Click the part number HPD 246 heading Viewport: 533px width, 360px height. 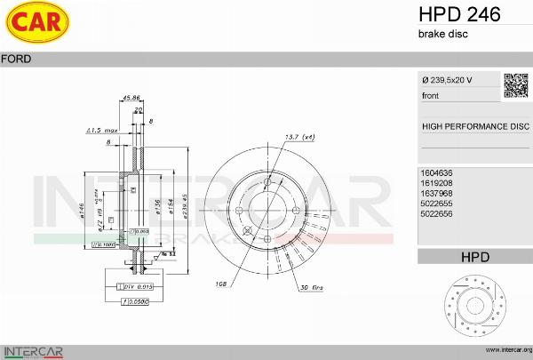click(459, 14)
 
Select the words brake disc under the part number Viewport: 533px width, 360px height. click(442, 34)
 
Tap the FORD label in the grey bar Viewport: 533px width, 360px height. click(17, 59)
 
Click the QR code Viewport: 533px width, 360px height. click(516, 84)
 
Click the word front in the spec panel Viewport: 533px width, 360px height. click(430, 95)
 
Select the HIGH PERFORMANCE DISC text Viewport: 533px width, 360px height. click(474, 127)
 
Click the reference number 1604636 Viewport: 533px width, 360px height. click(437, 172)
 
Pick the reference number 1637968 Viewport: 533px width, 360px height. click(437, 193)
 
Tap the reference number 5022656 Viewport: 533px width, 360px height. click(437, 213)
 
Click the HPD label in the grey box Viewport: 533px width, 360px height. click(474, 257)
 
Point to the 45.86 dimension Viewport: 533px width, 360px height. click(132, 98)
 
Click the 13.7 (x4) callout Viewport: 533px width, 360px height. click(299, 137)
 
